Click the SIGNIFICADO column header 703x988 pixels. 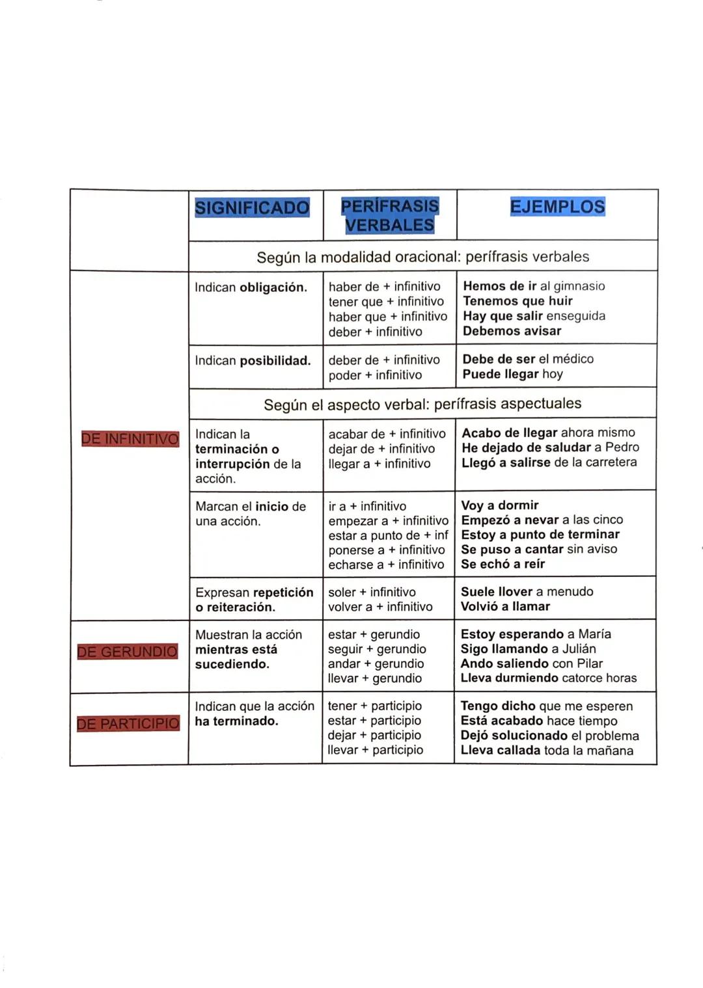coord(252,208)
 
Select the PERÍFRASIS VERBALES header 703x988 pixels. coord(389,215)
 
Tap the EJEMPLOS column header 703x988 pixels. coord(557,207)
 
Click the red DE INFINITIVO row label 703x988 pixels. coord(130,439)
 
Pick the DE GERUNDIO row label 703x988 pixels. coord(128,652)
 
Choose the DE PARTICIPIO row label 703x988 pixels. coord(128,723)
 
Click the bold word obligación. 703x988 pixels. coord(273,287)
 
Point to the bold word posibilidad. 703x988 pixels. coord(275,361)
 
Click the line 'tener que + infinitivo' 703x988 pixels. coord(386,302)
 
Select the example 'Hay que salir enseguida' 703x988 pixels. coord(534,316)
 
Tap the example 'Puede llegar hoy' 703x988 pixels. coord(512,374)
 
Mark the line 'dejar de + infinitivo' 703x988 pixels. coord(381,449)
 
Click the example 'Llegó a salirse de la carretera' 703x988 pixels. coord(549,462)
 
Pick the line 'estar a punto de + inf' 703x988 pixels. coord(388,535)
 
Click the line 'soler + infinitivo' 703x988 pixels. coord(372,592)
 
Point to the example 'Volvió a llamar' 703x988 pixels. coord(505,606)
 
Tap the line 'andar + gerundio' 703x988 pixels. coord(376,663)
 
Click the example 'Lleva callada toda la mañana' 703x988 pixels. coord(547,750)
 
